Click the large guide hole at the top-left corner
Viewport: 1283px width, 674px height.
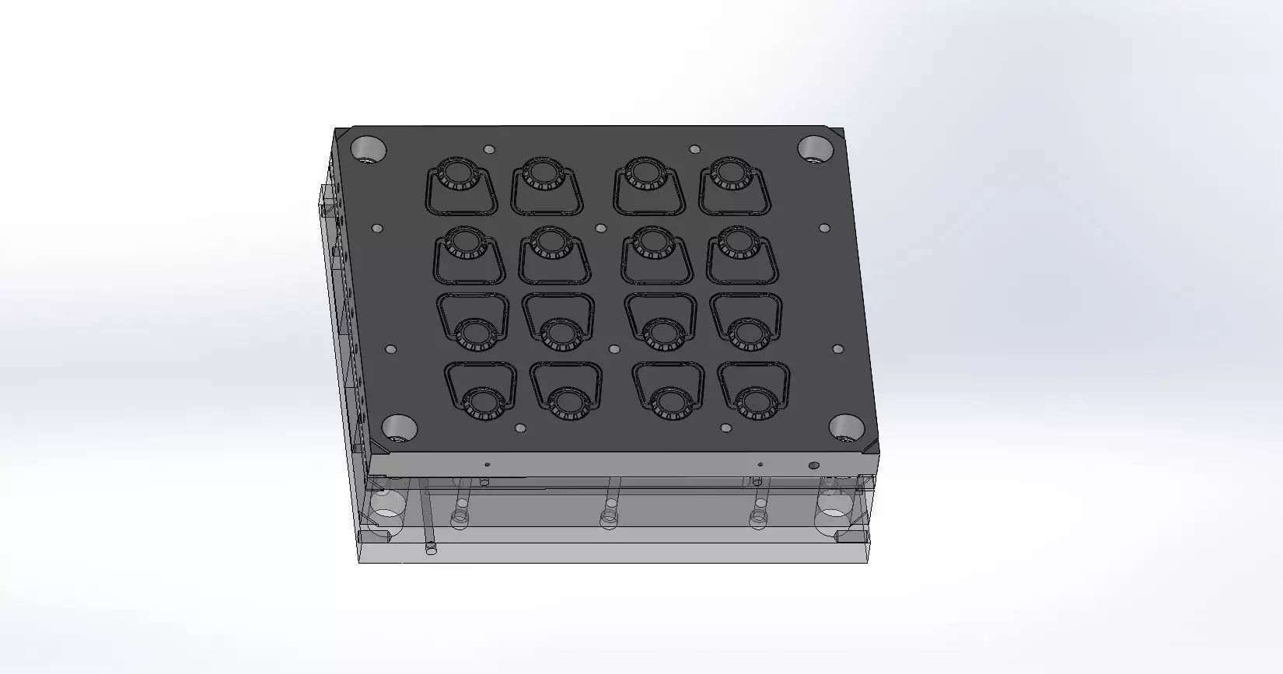point(369,148)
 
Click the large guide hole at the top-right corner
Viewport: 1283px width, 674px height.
point(815,147)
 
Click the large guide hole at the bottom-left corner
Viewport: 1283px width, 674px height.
point(400,427)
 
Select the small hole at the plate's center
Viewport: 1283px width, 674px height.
point(600,229)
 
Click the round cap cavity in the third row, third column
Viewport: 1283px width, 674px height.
point(662,332)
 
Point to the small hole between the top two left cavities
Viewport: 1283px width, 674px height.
point(488,149)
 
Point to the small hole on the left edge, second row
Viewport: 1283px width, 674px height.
point(377,229)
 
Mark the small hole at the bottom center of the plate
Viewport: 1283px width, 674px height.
point(614,350)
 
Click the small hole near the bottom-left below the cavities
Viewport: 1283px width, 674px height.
point(520,428)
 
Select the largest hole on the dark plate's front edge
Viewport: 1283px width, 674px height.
point(813,466)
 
